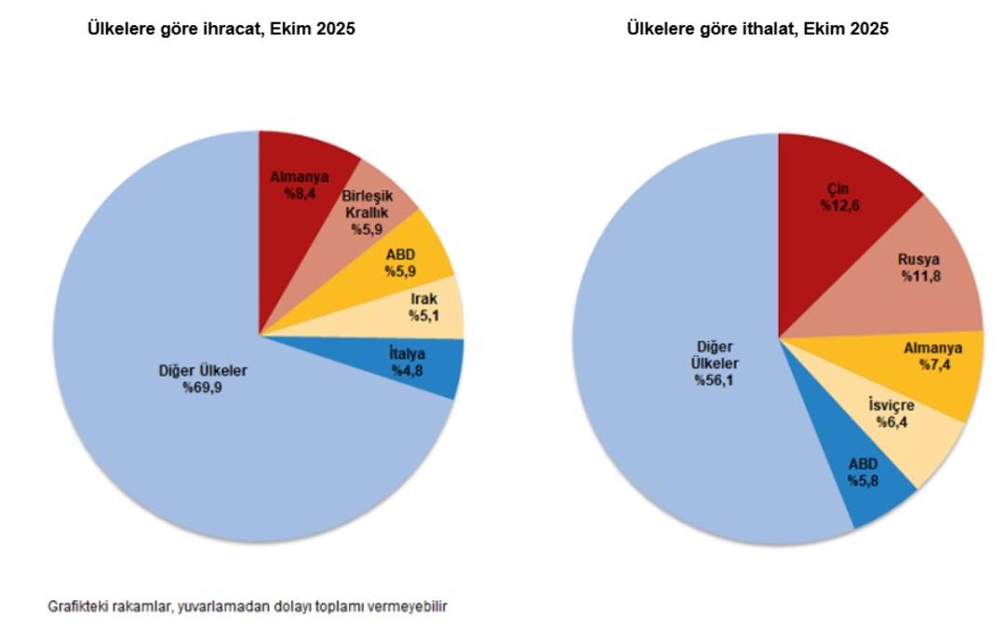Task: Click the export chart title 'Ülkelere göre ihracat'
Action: point(221,30)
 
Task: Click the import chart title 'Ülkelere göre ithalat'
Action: point(757,30)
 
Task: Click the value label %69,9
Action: point(203,386)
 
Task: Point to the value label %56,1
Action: point(713,380)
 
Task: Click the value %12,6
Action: point(839,206)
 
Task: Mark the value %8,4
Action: point(299,194)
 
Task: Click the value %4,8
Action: point(407,370)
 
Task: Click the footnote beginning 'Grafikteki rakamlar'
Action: point(248,606)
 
